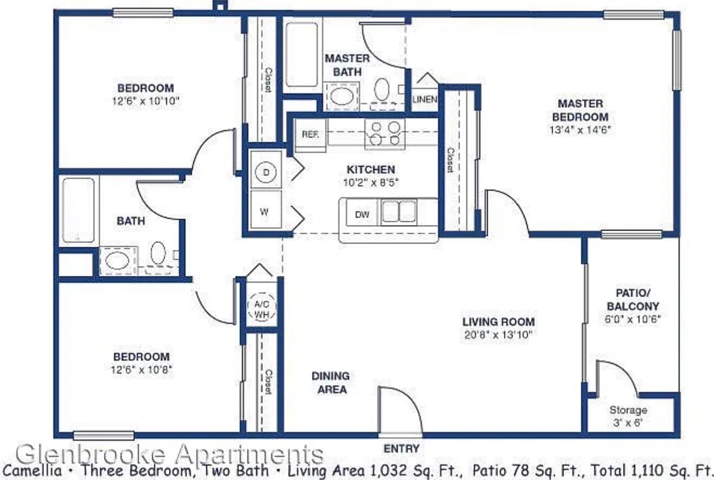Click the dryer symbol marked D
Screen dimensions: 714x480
point(266,172)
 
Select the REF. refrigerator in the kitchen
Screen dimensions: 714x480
point(311,135)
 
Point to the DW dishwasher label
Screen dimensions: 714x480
point(362,215)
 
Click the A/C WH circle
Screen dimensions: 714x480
point(262,306)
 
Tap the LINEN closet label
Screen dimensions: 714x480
point(425,100)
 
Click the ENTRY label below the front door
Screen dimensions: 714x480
point(401,449)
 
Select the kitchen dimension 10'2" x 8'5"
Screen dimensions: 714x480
point(371,183)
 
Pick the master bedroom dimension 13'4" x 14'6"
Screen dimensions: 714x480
point(580,130)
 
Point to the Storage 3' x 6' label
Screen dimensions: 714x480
point(628,416)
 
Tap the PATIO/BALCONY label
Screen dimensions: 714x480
point(633,300)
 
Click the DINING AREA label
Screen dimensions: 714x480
point(331,383)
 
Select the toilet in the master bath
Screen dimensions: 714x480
point(382,89)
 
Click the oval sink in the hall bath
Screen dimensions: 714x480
point(117,260)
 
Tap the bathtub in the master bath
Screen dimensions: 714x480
point(302,55)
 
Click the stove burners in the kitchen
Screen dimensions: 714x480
point(385,133)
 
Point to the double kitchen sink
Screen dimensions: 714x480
point(399,211)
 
